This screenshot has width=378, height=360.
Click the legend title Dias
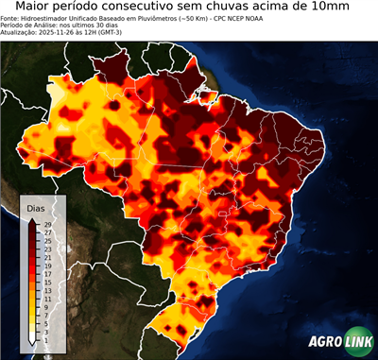point(36,208)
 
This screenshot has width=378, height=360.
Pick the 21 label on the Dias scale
point(46,254)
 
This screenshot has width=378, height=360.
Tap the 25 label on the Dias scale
point(46,238)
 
